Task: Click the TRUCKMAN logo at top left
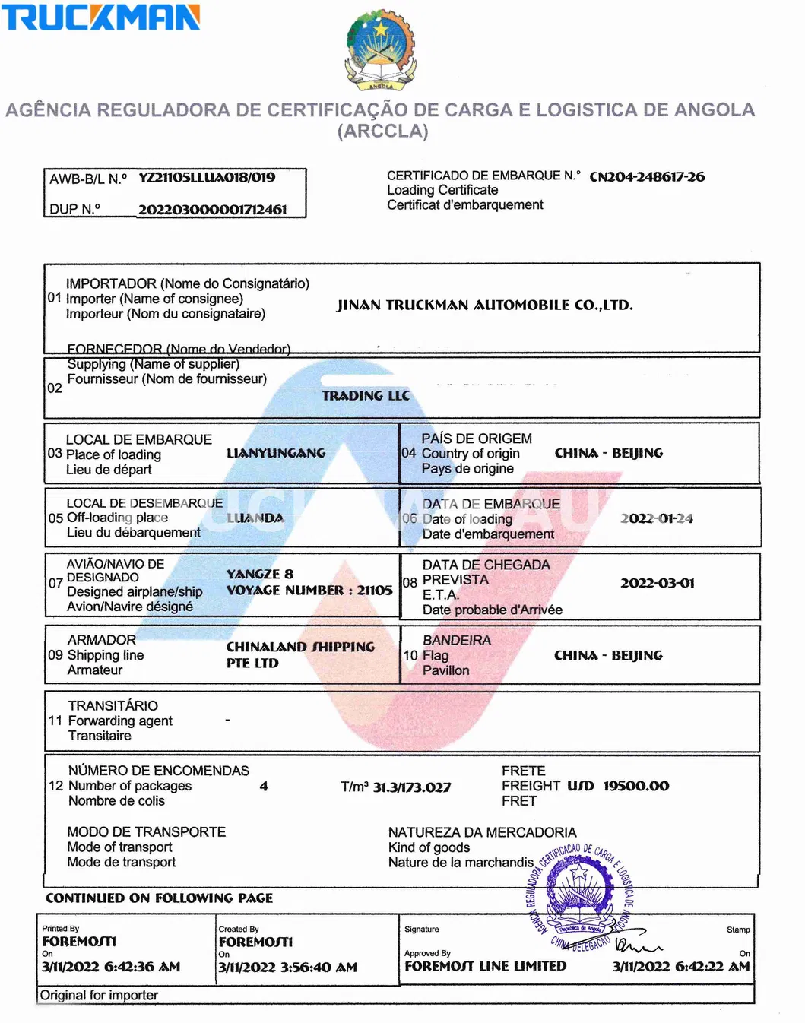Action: pyautogui.click(x=100, y=17)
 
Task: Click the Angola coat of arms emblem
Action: pyautogui.click(x=380, y=49)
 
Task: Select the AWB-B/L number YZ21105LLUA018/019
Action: pyautogui.click(x=207, y=178)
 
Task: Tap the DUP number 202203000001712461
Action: pyautogui.click(x=212, y=210)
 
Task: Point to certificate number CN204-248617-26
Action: pyautogui.click(x=647, y=177)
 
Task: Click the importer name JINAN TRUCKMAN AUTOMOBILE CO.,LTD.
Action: pyautogui.click(x=484, y=306)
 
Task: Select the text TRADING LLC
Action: pyautogui.click(x=366, y=396)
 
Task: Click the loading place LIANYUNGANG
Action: pyautogui.click(x=276, y=453)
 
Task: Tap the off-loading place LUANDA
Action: pyautogui.click(x=255, y=518)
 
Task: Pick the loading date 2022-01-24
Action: pyautogui.click(x=657, y=518)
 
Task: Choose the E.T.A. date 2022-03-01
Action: pyautogui.click(x=657, y=583)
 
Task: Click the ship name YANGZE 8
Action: pyautogui.click(x=260, y=574)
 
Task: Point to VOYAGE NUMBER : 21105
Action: pyautogui.click(x=309, y=591)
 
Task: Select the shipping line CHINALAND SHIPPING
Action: pyautogui.click(x=300, y=647)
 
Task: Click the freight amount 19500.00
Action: pyautogui.click(x=636, y=786)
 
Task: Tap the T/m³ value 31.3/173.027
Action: pyautogui.click(x=411, y=787)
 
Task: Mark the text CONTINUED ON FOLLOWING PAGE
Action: pyautogui.click(x=159, y=898)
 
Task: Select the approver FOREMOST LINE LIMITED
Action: pyautogui.click(x=485, y=966)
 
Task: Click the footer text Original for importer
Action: pyautogui.click(x=99, y=995)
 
